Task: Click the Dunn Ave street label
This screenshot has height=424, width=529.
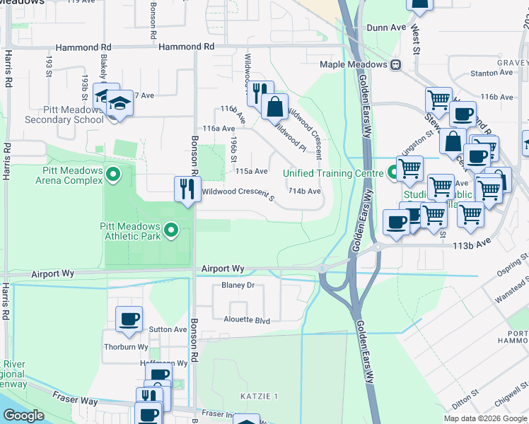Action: [386, 28]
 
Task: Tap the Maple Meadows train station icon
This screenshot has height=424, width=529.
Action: [396, 64]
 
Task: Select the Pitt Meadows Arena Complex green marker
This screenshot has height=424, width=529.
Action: [112, 172]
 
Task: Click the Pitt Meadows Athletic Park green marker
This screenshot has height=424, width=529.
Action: [170, 230]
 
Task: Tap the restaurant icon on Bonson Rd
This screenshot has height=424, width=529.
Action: [187, 189]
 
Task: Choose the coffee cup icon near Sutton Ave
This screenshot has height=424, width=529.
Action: [129, 319]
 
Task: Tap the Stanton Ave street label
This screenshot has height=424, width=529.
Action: [485, 73]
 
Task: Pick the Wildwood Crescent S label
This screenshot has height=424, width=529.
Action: [238, 192]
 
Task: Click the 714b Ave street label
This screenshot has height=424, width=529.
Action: [305, 192]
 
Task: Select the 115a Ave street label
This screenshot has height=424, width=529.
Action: [252, 171]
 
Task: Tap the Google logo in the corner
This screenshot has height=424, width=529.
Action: [24, 416]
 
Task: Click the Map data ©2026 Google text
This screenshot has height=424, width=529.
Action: [484, 418]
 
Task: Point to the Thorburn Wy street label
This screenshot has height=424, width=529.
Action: [126, 347]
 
